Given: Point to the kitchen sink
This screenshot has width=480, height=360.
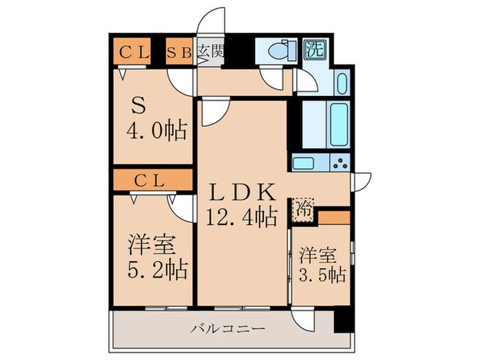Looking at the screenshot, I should [303, 163].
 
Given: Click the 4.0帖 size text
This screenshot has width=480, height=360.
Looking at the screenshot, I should [156, 130].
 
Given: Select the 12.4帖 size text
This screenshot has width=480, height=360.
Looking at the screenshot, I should [241, 217].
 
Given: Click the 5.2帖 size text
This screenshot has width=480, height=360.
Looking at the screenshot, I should [156, 269].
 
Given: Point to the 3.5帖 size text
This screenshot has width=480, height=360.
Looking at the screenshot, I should [322, 275].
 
